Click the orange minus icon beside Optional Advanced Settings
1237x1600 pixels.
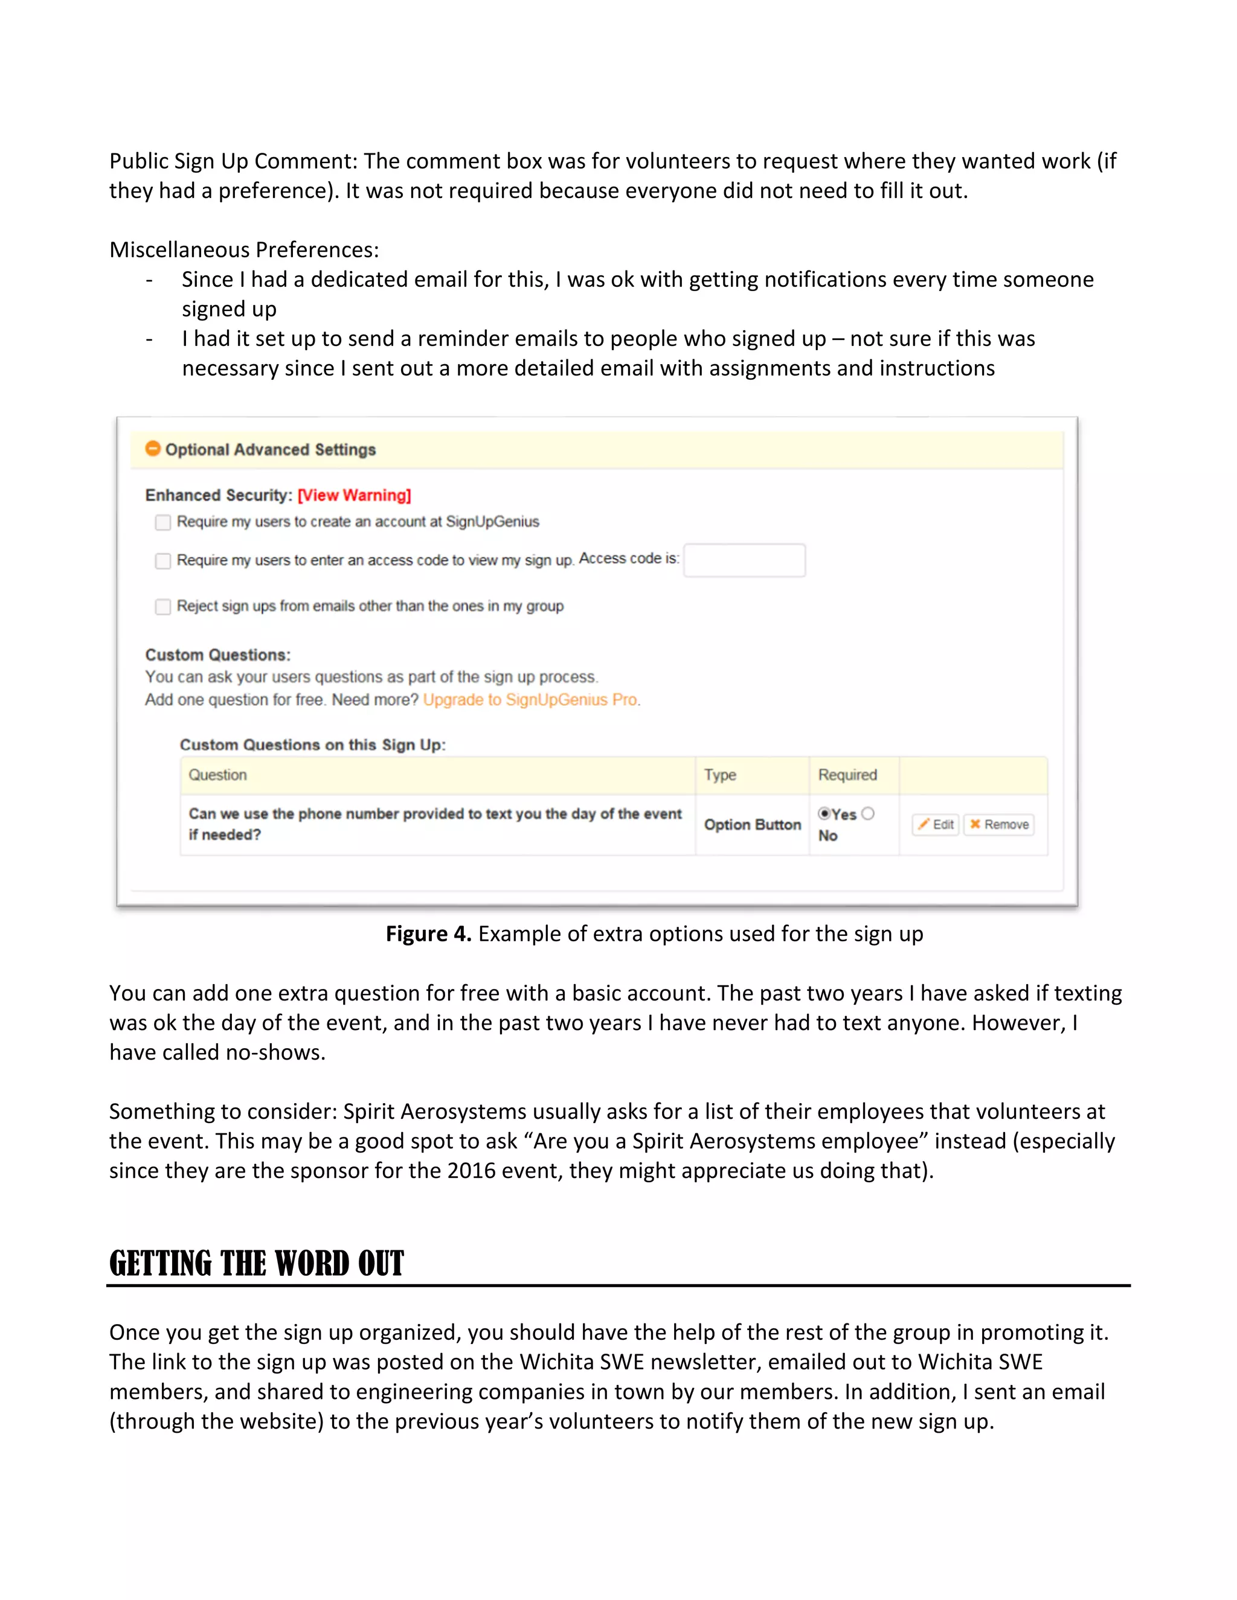pyautogui.click(x=152, y=449)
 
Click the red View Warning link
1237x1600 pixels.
pyautogui.click(x=354, y=495)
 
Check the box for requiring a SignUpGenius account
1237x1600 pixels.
pyautogui.click(x=162, y=522)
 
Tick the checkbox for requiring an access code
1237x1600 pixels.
pyautogui.click(x=162, y=561)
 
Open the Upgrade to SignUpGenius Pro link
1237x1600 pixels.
pyautogui.click(x=530, y=700)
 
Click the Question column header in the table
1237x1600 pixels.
pyautogui.click(x=217, y=775)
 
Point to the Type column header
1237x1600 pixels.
pyautogui.click(x=719, y=775)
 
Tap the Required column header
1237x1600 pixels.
pyautogui.click(x=847, y=775)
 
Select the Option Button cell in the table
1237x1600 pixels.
pyautogui.click(x=752, y=825)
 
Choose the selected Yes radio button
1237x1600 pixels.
pyautogui.click(x=824, y=814)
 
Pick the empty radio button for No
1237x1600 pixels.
pyautogui.click(x=869, y=814)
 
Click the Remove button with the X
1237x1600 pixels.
pyautogui.click(x=999, y=825)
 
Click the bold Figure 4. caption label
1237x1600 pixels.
pyautogui.click(x=428, y=934)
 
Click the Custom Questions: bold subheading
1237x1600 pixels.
pyautogui.click(x=217, y=655)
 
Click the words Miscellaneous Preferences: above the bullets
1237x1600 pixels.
pyautogui.click(x=244, y=250)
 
